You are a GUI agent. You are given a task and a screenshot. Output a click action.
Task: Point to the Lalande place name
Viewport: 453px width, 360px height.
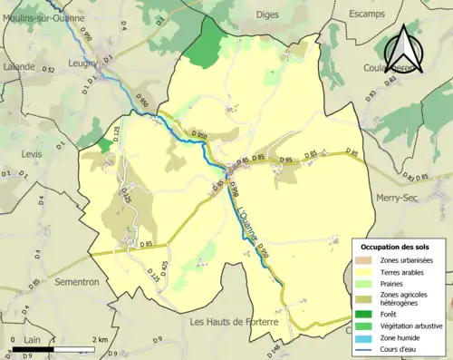click(18, 66)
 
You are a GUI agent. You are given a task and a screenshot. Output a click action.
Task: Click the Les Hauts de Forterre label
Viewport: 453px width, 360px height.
click(232, 321)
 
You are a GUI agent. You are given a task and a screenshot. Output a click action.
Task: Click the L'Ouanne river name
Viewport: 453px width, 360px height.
click(249, 221)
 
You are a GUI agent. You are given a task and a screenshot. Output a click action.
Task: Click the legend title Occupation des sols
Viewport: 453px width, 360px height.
click(397, 247)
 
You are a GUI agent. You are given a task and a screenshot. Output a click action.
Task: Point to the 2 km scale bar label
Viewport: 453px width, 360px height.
click(100, 339)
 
